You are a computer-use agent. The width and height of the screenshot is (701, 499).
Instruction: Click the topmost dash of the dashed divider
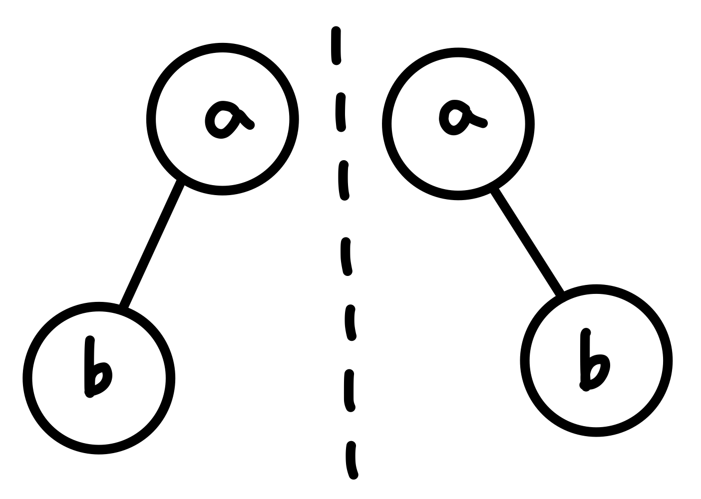tap(336, 46)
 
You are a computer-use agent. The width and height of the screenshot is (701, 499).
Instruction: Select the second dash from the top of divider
tap(340, 112)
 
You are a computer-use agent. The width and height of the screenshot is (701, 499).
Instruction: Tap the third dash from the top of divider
tap(343, 181)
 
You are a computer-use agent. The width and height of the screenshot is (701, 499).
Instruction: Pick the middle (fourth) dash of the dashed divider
tap(346, 256)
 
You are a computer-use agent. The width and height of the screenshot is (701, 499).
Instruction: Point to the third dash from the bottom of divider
tap(350, 323)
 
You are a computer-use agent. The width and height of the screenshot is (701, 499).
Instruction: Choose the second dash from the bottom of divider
tap(349, 390)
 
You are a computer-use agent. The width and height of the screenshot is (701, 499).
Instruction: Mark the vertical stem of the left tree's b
tap(89, 367)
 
